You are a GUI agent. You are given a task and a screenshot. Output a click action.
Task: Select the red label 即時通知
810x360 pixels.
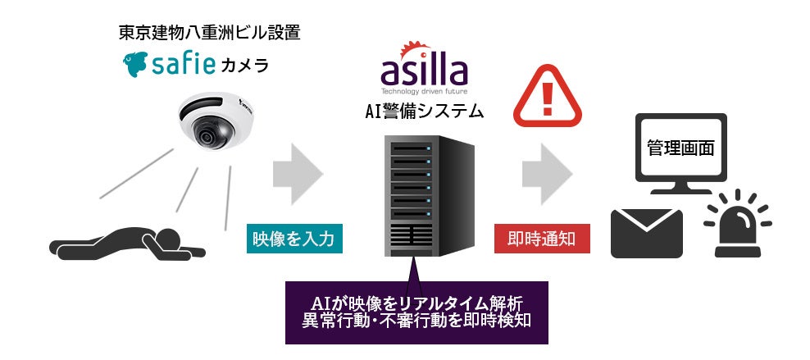[542, 238]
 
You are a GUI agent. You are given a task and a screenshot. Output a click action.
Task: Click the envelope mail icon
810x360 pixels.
[647, 233]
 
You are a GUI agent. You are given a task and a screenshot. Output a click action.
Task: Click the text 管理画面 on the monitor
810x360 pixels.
[680, 148]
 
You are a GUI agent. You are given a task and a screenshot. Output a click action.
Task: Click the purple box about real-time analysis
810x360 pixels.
[416, 311]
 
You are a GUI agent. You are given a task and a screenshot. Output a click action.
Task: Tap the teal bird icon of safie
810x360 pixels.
[136, 64]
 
